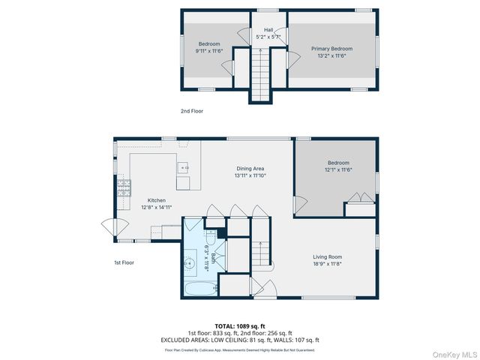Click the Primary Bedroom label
click(x=331, y=49)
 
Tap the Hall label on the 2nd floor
click(x=268, y=30)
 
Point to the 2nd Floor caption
click(x=191, y=111)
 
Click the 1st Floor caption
click(x=124, y=262)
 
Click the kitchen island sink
click(x=183, y=166)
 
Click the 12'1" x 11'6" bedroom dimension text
click(x=337, y=170)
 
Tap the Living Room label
click(x=328, y=256)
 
